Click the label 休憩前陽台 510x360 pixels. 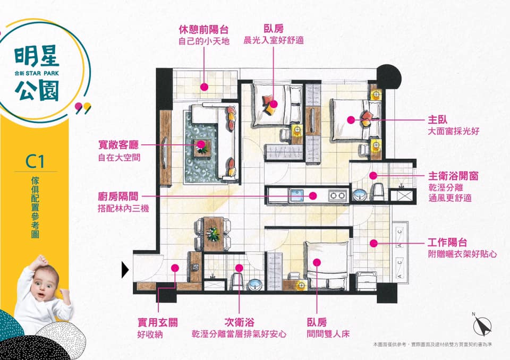(x=203, y=30)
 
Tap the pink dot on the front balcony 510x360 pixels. (x=204, y=87)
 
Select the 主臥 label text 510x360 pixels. (x=437, y=119)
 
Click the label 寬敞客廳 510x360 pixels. (x=118, y=145)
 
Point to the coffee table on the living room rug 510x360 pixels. (x=202, y=148)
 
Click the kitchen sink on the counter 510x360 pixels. (x=296, y=195)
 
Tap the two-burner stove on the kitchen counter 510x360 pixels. (x=337, y=195)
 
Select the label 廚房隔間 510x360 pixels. (x=118, y=197)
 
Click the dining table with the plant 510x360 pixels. (x=214, y=234)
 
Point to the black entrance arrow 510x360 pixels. (x=125, y=270)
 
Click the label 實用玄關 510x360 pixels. (x=157, y=323)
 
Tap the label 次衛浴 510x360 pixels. (x=240, y=323)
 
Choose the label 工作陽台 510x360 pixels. (x=447, y=242)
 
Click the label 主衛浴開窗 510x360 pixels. (x=453, y=176)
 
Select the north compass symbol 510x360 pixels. (x=481, y=324)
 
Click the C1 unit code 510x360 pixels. (x=35, y=161)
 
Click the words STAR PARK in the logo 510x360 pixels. (x=42, y=73)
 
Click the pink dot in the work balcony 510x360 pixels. (x=373, y=243)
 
